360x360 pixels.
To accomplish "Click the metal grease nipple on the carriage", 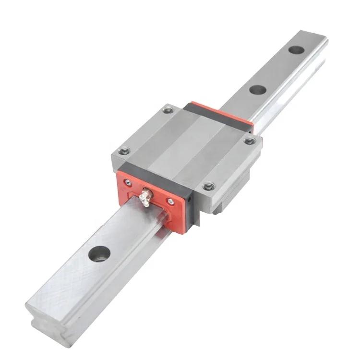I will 145,197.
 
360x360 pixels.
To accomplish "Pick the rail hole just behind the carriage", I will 258,90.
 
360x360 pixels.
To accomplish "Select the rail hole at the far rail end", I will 296,49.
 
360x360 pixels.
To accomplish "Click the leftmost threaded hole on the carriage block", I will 124,151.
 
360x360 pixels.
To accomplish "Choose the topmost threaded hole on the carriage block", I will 168,111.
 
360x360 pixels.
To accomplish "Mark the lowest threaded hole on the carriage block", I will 208,186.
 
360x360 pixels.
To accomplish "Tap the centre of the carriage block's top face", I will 187,144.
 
